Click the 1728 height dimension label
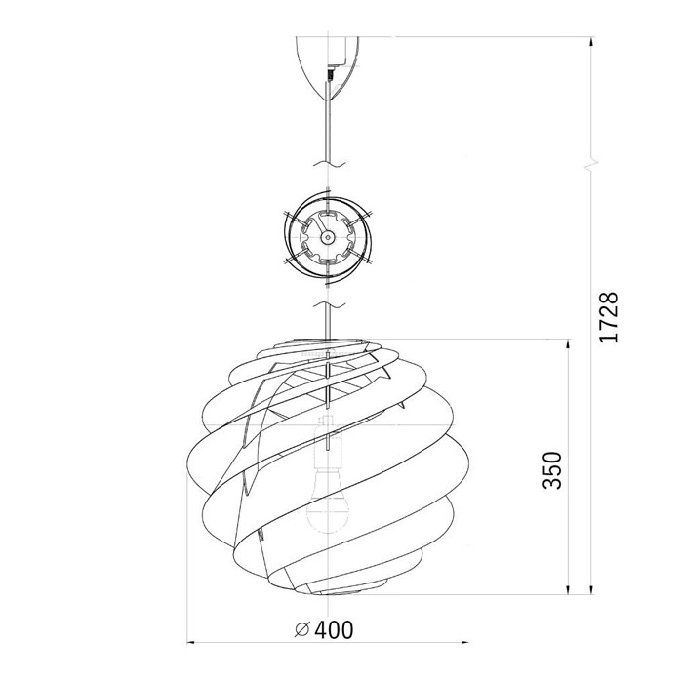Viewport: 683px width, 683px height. click(609, 317)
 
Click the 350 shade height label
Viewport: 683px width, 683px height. click(552, 470)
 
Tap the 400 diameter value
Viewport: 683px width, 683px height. click(334, 630)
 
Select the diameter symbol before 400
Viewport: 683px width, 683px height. click(301, 630)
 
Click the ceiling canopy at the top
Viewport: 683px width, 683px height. click(327, 65)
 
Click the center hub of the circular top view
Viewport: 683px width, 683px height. click(327, 237)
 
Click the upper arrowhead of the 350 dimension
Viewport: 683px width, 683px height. click(568, 345)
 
